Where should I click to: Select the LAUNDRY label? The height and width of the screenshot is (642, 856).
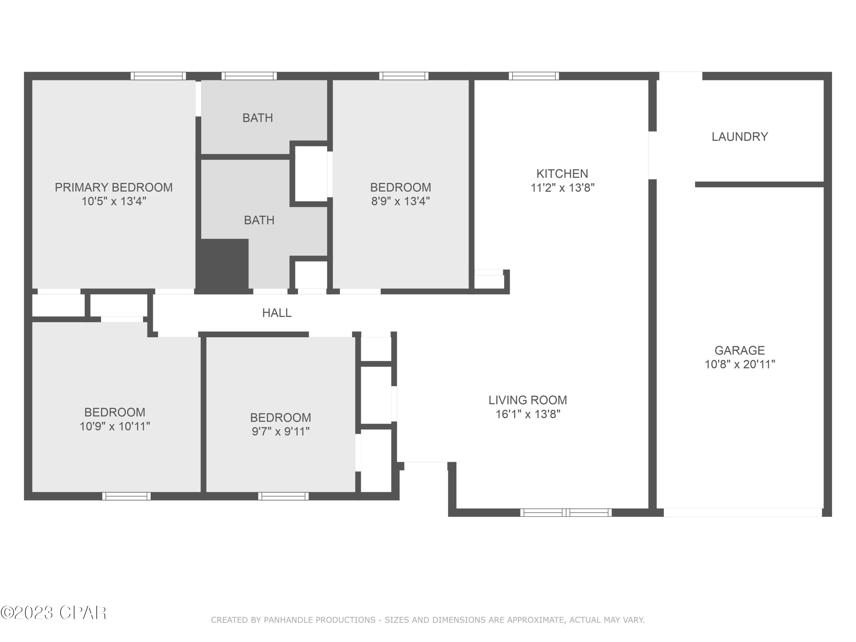click(x=740, y=137)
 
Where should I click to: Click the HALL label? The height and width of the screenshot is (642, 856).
click(x=277, y=313)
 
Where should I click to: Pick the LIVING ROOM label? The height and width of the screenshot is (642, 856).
click(x=528, y=400)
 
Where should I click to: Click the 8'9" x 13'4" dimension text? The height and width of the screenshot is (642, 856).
click(x=401, y=201)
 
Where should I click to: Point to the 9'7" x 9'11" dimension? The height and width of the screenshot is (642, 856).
click(x=280, y=431)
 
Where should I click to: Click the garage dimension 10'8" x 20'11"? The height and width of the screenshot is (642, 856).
click(x=740, y=364)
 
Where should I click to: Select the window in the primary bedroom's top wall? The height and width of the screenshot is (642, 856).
click(x=158, y=76)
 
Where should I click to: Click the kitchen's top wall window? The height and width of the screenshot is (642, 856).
click(x=534, y=76)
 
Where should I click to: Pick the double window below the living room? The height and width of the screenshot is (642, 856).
click(x=566, y=513)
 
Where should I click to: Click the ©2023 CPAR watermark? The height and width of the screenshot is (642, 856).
click(x=53, y=613)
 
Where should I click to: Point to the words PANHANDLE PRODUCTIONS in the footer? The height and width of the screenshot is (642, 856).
click(x=320, y=620)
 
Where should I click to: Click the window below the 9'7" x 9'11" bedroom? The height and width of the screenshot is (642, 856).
click(x=283, y=496)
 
